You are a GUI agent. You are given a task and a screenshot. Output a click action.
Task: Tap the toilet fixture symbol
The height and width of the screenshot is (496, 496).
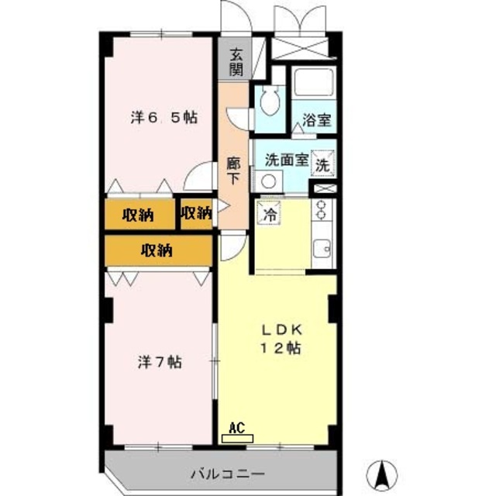[270, 98]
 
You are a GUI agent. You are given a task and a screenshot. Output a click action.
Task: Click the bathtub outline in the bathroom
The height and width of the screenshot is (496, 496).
[312, 84]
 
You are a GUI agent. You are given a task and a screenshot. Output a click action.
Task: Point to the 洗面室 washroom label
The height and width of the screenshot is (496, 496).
[286, 161]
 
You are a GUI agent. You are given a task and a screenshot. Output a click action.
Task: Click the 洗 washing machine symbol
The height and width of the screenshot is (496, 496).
[322, 164]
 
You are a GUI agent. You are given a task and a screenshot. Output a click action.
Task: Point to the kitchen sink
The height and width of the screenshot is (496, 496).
[322, 250]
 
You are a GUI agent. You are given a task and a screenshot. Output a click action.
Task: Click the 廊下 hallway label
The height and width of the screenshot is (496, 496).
[232, 170]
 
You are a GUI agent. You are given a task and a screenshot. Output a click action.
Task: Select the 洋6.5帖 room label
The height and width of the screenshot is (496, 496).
[164, 118]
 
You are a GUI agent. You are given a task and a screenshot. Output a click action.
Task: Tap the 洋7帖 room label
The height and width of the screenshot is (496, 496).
[160, 361]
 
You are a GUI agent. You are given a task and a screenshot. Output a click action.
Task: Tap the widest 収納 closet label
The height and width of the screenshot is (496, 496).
[157, 250]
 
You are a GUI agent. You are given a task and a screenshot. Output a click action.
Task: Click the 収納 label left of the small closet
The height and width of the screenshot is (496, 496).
[137, 215]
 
